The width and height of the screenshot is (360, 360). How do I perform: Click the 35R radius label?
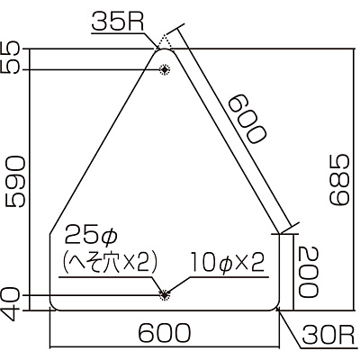(118, 22)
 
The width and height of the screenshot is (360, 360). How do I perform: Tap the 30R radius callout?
(327, 335)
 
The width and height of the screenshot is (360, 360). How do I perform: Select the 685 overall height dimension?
(339, 180)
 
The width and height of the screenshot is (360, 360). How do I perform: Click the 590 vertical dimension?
(15, 182)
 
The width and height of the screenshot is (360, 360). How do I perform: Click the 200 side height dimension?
(308, 272)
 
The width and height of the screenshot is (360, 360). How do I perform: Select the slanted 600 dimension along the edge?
(247, 119)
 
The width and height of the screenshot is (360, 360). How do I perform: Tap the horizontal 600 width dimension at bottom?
(164, 333)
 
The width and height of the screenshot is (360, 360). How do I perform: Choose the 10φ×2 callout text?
(227, 262)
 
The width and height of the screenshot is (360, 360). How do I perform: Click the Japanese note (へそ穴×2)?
(110, 263)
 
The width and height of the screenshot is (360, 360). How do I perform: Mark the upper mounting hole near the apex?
(164, 69)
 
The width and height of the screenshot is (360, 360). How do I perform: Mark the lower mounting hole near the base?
(164, 295)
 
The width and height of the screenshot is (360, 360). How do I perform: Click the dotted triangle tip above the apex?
(164, 40)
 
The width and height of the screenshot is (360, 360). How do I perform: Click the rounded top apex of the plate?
(165, 49)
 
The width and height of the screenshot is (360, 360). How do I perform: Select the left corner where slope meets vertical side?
(49, 233)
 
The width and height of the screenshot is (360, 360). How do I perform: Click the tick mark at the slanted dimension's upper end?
(173, 30)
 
